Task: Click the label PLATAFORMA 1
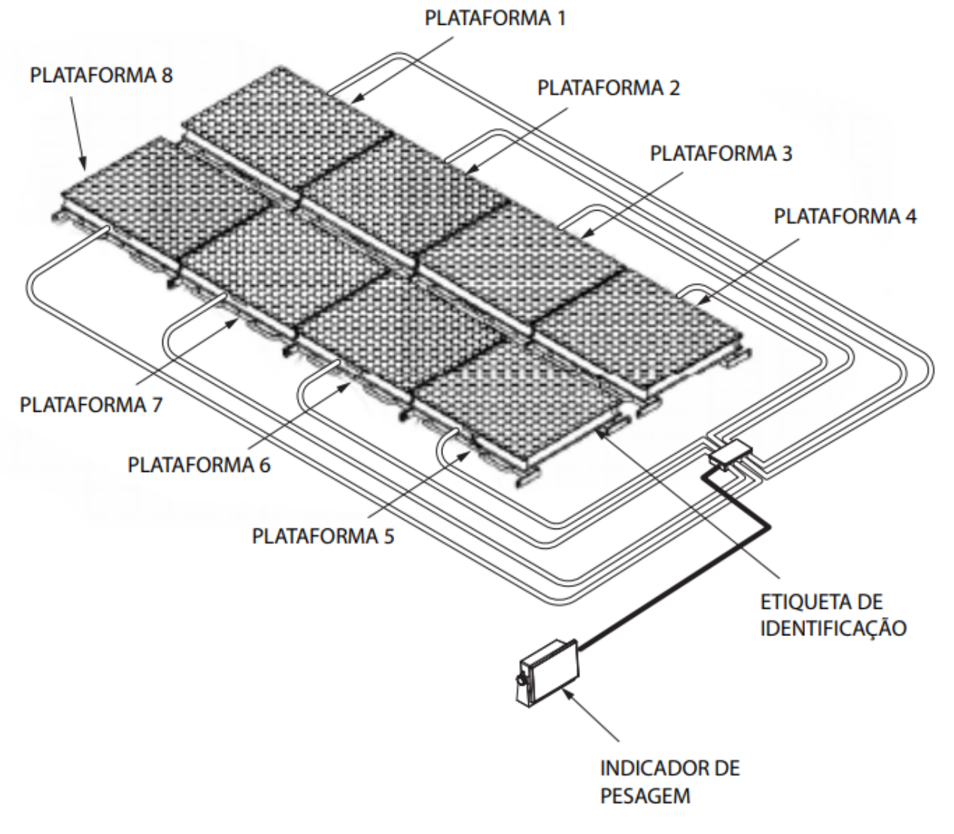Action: coord(495,18)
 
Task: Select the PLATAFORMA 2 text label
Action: coord(609,88)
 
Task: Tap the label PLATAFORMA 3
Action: coord(721,154)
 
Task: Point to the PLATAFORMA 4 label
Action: coord(845,216)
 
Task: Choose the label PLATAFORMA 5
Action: coord(323,536)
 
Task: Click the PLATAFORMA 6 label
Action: coord(199,464)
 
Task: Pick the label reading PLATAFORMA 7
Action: coord(91,404)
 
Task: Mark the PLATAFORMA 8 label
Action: coord(101,75)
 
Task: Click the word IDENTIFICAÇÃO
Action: coord(833,629)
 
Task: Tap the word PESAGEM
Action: coord(645,796)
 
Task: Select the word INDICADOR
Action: coord(648,769)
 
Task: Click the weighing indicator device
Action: coord(548,673)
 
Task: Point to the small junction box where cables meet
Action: coord(731,453)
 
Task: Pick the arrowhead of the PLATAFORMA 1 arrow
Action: coord(355,99)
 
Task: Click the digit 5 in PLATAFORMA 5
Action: coord(389,536)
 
